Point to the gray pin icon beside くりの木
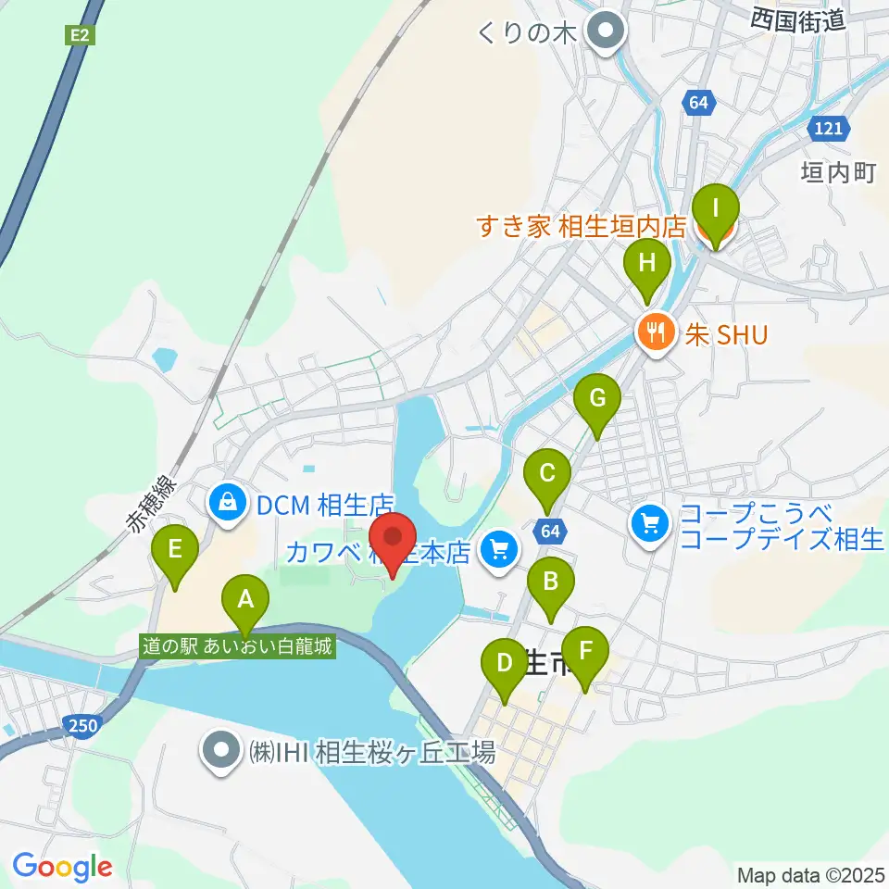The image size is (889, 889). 607,33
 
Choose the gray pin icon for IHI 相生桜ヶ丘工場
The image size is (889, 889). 222,751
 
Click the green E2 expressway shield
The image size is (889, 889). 79,35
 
